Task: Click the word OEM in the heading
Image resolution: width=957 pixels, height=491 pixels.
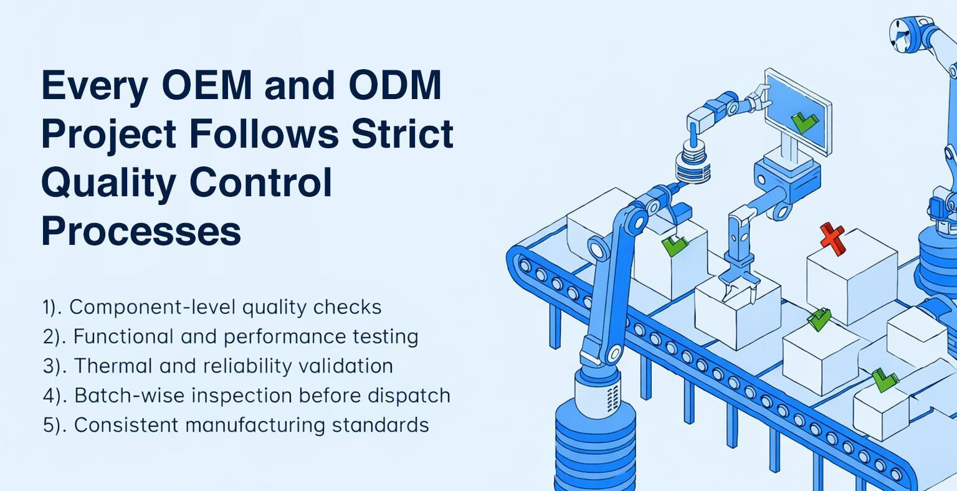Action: point(206,85)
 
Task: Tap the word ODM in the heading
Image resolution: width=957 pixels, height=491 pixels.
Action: point(395,85)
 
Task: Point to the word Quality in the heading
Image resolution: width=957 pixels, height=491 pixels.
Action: point(108,184)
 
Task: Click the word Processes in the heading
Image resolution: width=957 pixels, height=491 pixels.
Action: point(141,231)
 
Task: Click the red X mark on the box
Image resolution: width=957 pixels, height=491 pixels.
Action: point(832,239)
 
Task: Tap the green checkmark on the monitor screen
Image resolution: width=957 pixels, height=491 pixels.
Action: point(804,122)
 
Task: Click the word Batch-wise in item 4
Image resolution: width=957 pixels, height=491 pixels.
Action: point(130,396)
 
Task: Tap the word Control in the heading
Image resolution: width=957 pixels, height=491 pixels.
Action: point(260,183)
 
